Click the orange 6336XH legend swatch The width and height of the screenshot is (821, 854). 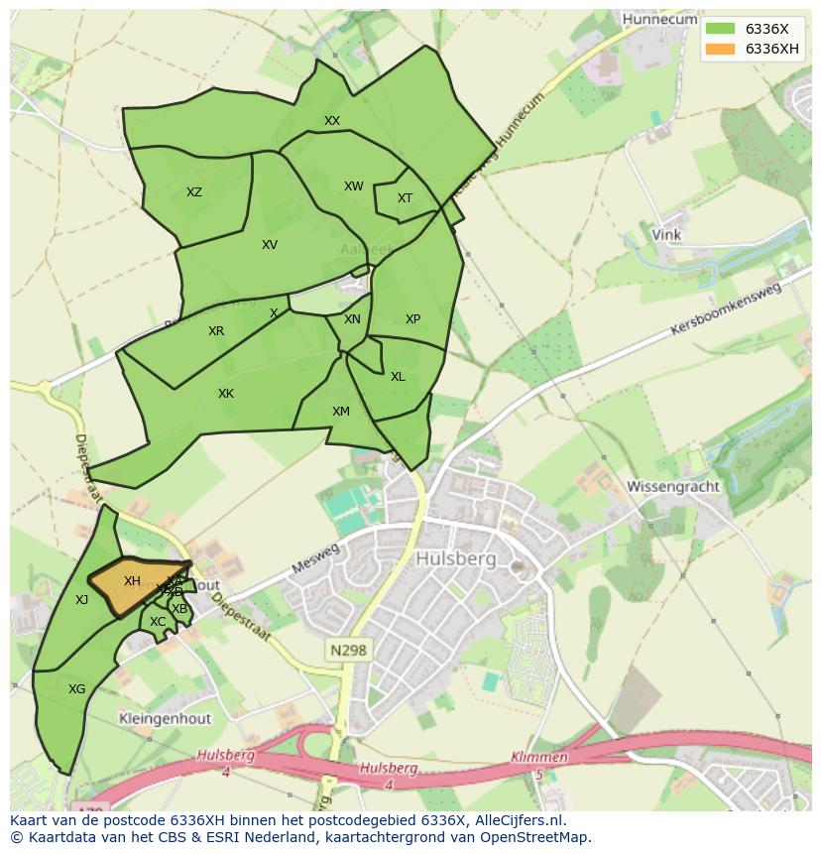(721, 49)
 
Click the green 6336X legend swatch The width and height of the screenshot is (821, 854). (721, 29)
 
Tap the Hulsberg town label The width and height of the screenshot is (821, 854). (456, 559)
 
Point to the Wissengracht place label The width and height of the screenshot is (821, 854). (673, 487)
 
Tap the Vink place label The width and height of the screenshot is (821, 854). (666, 235)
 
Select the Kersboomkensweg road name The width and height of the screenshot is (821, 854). (726, 308)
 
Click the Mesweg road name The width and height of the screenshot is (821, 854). (315, 559)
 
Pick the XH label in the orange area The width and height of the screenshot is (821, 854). (132, 581)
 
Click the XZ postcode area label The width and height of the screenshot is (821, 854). (194, 192)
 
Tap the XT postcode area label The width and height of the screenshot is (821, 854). (405, 198)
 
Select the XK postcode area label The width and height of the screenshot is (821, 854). (226, 394)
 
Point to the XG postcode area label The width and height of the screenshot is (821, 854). (76, 688)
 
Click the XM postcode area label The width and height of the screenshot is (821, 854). (341, 412)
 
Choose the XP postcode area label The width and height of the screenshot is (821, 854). (412, 319)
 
